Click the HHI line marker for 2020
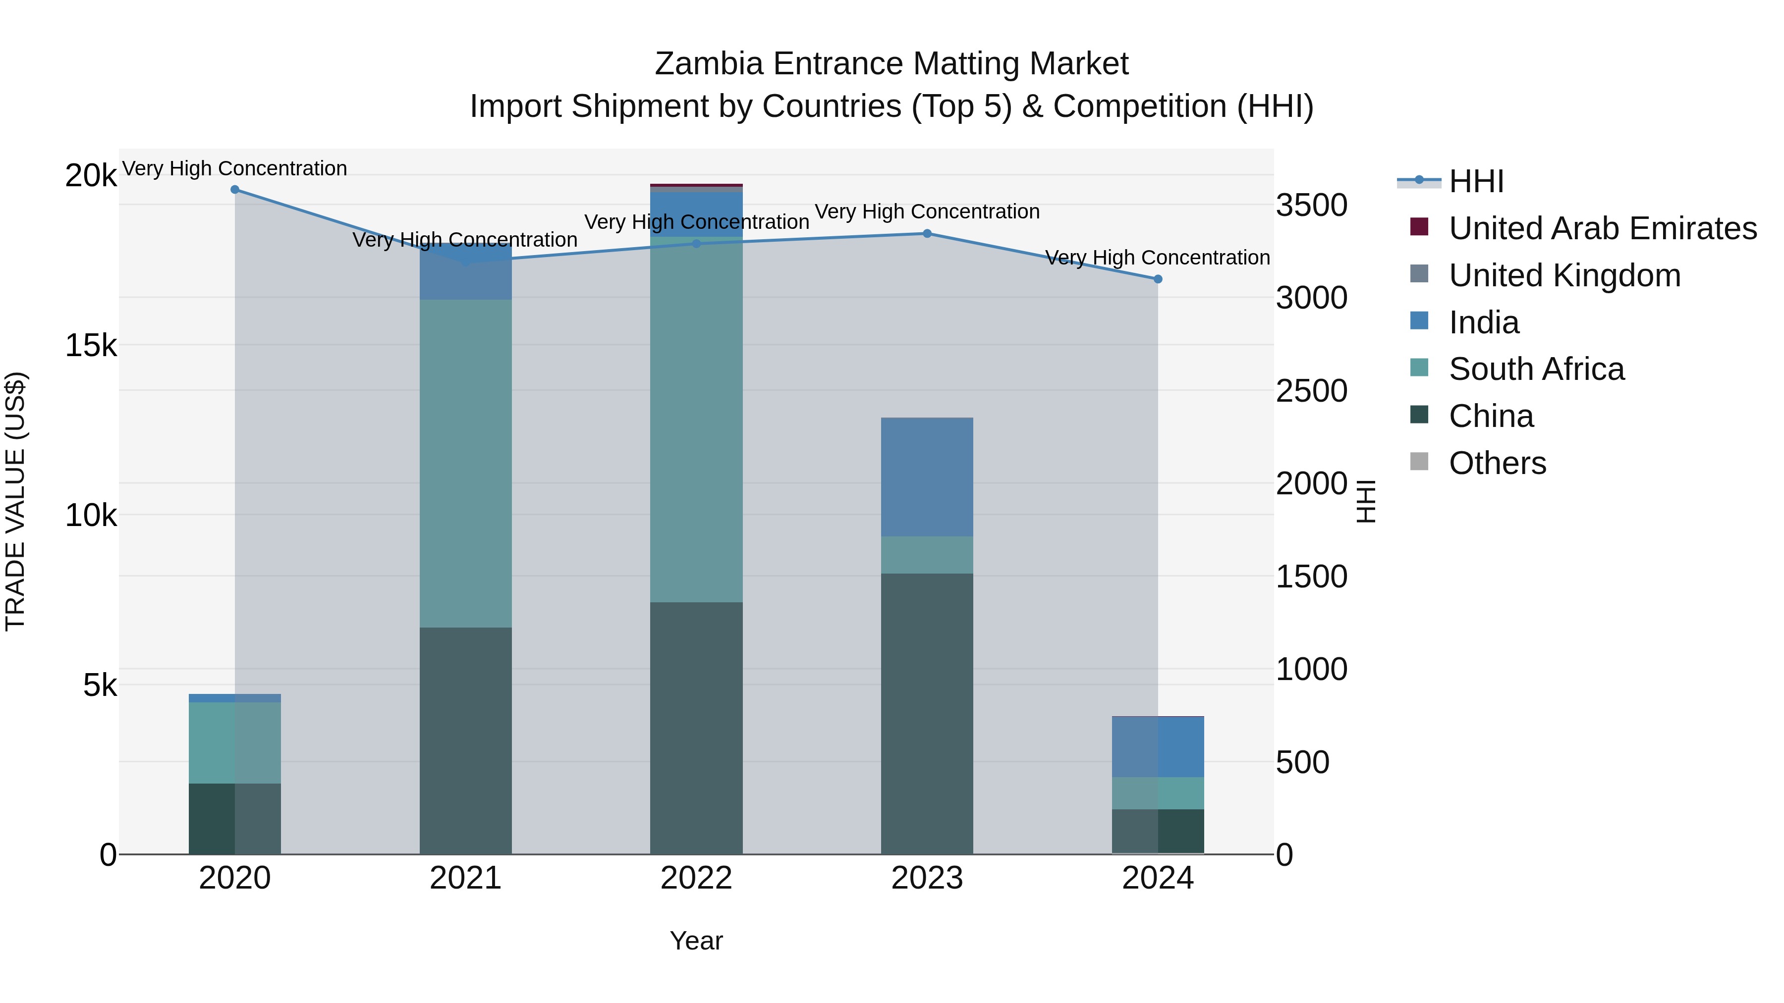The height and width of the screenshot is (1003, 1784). coord(235,190)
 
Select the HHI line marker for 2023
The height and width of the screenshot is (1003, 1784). coord(927,233)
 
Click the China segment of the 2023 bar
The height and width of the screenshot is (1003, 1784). coord(927,713)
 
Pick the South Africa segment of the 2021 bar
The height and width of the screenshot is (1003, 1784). coord(465,464)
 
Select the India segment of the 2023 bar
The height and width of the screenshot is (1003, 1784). coord(927,477)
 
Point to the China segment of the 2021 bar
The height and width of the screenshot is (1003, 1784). coord(465,740)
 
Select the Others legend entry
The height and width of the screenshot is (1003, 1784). coord(1497,463)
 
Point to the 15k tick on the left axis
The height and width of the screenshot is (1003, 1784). coord(91,345)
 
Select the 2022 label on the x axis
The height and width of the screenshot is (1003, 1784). coord(696,878)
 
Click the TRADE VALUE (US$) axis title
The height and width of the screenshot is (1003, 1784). coord(15,501)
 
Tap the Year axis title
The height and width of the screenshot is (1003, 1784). coord(696,941)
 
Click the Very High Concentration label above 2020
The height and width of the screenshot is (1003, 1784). coord(235,168)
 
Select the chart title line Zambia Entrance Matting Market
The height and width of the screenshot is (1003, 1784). coord(892,64)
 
